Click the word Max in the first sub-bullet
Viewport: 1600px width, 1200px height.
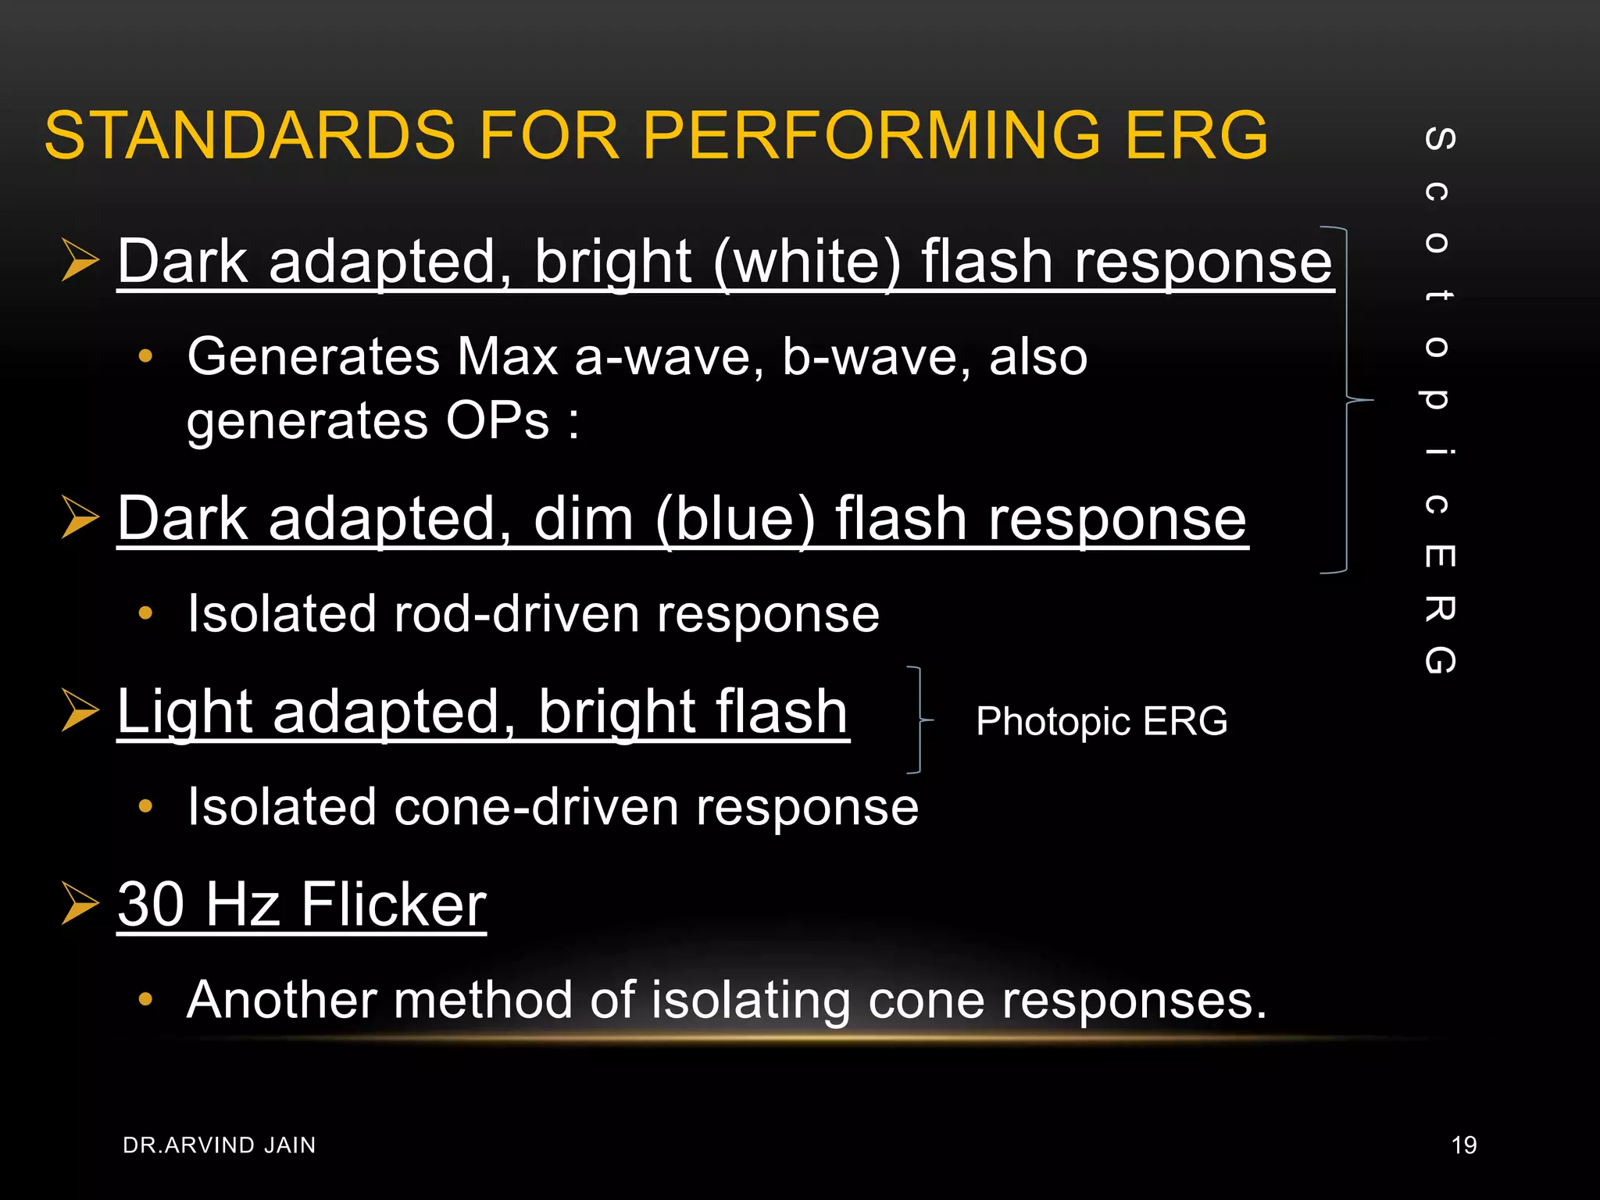coord(507,357)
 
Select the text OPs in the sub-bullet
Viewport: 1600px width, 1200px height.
coord(498,421)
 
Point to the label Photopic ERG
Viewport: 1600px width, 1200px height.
coord(1102,721)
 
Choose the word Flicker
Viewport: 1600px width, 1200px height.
coord(394,904)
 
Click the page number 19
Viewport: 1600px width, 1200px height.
coord(1463,1145)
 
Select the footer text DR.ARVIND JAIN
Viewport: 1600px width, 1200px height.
coord(220,1145)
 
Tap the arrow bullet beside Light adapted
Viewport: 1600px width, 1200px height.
coord(80,710)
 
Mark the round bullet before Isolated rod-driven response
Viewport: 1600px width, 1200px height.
coord(145,613)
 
